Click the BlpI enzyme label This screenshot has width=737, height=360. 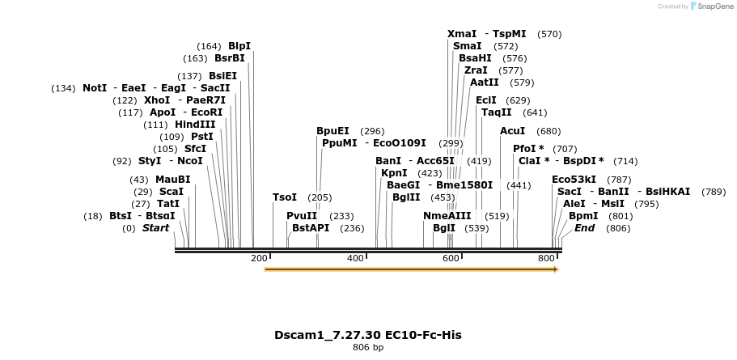(x=239, y=46)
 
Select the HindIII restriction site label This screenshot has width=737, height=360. (x=195, y=125)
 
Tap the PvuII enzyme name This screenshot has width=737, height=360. (x=302, y=216)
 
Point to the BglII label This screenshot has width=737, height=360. (x=406, y=197)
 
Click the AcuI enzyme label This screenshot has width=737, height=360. (x=512, y=131)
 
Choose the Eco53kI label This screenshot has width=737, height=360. (x=574, y=180)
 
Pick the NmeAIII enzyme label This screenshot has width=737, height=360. (x=447, y=216)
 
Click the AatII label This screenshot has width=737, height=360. (x=485, y=83)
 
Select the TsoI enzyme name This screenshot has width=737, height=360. (x=285, y=197)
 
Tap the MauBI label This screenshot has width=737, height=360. (x=172, y=180)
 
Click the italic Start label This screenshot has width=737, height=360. (x=156, y=228)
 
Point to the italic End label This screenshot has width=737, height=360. (x=584, y=228)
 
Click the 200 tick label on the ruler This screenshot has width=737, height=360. (x=259, y=258)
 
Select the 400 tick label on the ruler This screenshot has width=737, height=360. (x=355, y=258)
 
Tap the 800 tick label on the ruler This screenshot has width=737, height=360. (x=547, y=258)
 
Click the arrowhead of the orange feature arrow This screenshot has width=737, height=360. (x=555, y=269)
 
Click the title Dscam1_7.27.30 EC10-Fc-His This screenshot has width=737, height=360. (x=368, y=334)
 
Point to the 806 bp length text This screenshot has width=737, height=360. (x=368, y=347)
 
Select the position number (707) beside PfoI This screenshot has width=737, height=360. (x=565, y=149)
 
